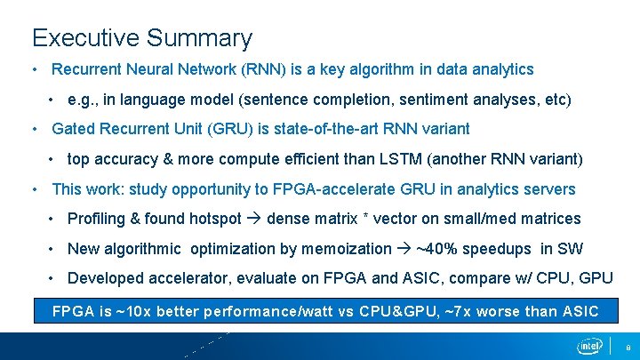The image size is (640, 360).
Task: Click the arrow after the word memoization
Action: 404,249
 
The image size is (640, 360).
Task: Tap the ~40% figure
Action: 439,249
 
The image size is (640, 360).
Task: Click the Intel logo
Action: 588,345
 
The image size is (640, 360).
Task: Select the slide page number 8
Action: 628,347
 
